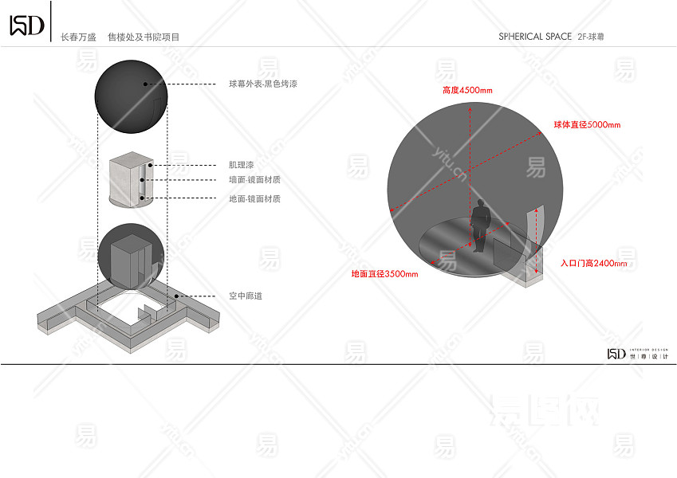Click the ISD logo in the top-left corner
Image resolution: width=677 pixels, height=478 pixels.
tap(26, 25)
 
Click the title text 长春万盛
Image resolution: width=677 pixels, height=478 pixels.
tap(77, 37)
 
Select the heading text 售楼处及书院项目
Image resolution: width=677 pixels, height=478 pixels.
tap(144, 37)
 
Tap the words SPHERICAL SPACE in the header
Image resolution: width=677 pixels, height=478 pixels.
tap(535, 37)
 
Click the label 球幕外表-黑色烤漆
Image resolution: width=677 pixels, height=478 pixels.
tap(263, 84)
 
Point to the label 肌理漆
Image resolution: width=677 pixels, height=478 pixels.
tap(241, 165)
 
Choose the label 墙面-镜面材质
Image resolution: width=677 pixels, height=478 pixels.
tap(254, 181)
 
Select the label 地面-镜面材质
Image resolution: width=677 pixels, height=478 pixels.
tap(254, 198)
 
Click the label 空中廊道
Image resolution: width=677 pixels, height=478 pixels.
tap(245, 296)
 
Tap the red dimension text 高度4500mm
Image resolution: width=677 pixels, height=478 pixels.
tap(467, 90)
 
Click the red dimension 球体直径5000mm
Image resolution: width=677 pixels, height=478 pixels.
tap(587, 125)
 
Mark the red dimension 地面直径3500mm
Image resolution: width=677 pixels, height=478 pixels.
tap(384, 274)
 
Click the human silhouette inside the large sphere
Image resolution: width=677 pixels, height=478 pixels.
tap(480, 226)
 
